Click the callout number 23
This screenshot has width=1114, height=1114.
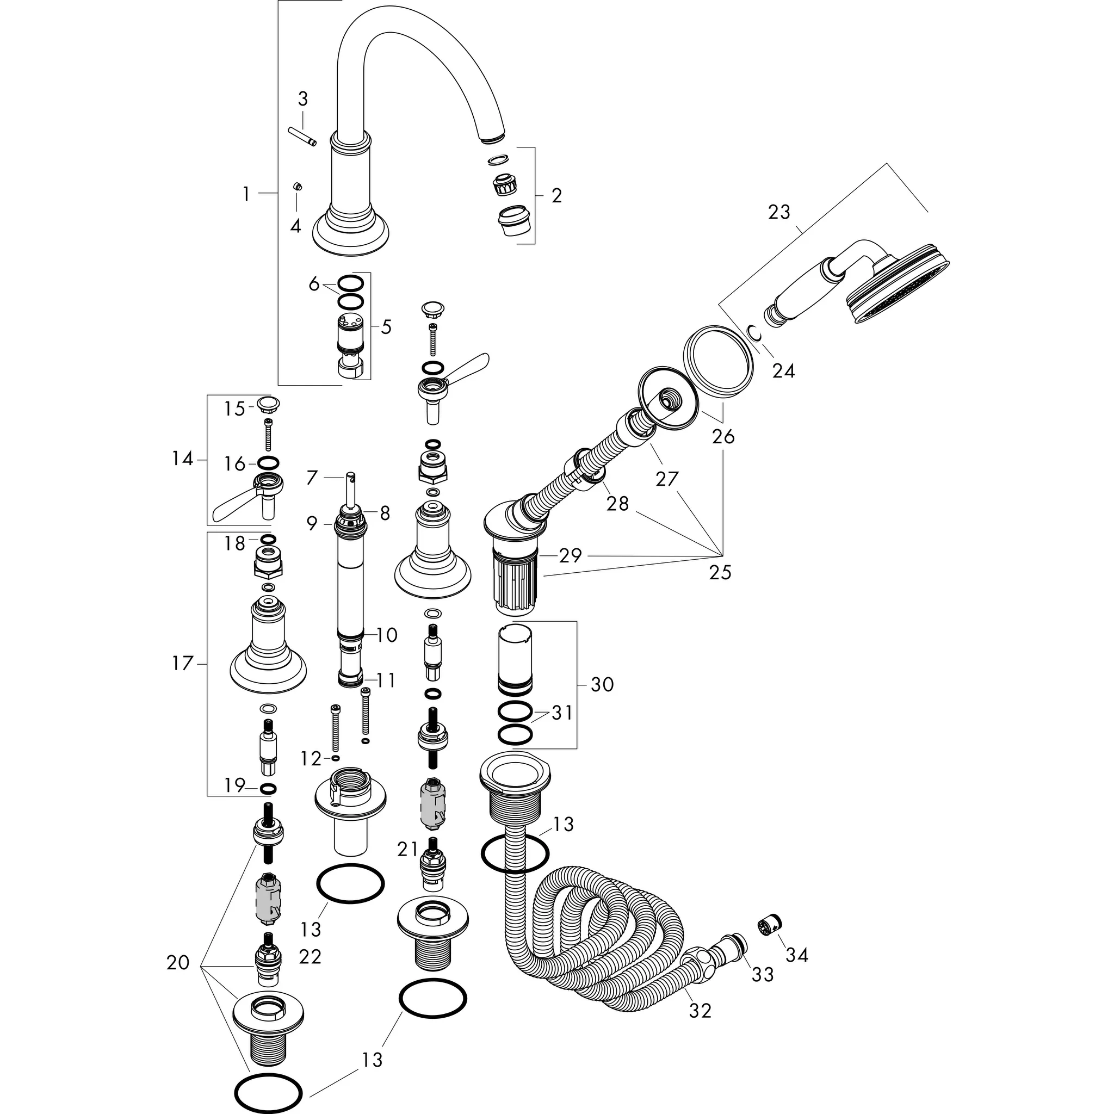(779, 212)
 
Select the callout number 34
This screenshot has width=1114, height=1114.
(797, 955)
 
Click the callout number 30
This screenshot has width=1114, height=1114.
(602, 684)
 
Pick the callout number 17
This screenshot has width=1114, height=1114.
(182, 664)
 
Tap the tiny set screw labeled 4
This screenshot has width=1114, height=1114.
(298, 185)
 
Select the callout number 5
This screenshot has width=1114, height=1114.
(386, 327)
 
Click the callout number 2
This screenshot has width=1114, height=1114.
(556, 196)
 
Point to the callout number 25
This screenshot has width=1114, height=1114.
(720, 572)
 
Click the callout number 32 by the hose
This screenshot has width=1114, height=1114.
(700, 1011)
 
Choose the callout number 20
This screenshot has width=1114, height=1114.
(177, 962)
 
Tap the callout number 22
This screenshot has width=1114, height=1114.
(310, 957)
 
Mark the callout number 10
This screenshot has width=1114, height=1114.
(387, 635)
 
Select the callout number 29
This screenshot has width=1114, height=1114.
(570, 556)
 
